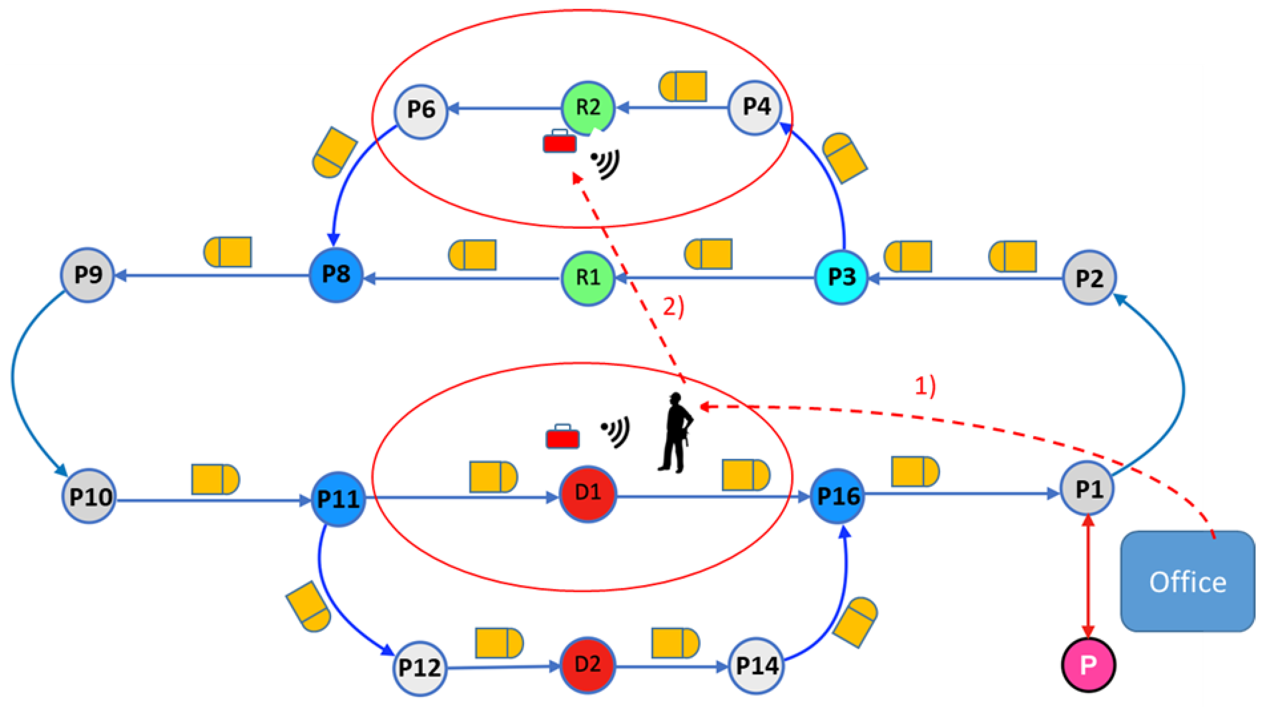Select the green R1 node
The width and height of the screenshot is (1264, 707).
point(587,278)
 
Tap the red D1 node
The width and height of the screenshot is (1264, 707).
point(587,493)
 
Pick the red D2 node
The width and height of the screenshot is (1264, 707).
point(587,665)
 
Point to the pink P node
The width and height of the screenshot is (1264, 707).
point(1088,665)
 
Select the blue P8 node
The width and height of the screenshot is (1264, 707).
point(336,275)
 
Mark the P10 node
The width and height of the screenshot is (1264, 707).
point(89,496)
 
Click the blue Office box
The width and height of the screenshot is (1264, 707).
point(1187,582)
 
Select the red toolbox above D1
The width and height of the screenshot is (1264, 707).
point(562,437)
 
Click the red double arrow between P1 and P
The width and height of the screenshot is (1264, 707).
point(1088,577)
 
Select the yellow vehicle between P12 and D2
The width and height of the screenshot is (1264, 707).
point(499,643)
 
